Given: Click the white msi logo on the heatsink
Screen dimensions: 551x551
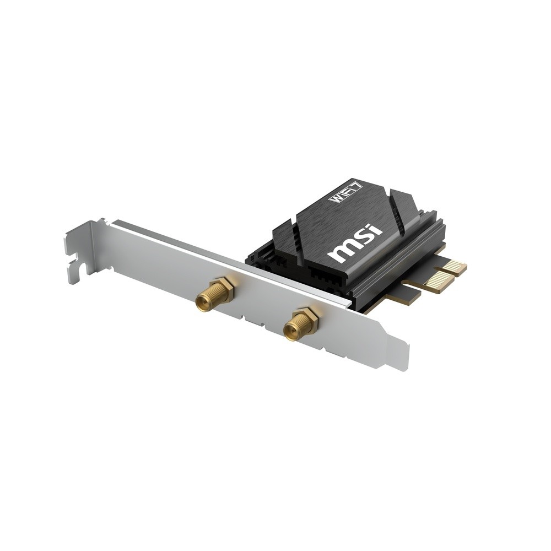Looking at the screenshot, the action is [x=355, y=242].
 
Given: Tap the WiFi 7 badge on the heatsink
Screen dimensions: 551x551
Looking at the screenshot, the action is [x=345, y=191].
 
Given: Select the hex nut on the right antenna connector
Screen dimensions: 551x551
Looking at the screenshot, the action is [x=307, y=318].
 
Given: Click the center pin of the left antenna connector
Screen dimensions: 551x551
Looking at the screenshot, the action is [x=202, y=302].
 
